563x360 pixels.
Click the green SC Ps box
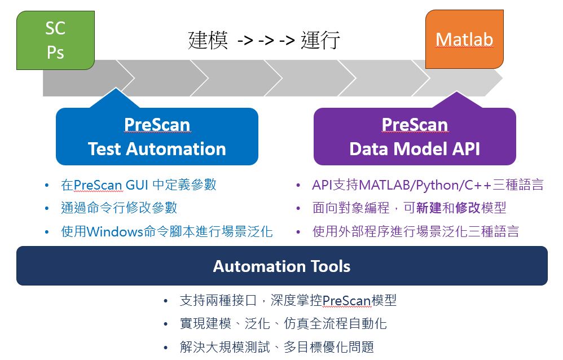[x=55, y=41]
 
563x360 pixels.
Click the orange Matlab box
[x=464, y=39]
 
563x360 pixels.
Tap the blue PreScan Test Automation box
[x=157, y=137]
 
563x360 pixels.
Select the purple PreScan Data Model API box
[x=415, y=137]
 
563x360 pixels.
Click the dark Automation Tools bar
[x=281, y=266]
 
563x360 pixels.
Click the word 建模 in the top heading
[x=208, y=41]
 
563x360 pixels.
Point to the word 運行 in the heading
[x=320, y=41]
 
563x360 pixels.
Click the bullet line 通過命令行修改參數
[x=119, y=208]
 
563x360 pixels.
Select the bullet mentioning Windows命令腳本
[x=166, y=231]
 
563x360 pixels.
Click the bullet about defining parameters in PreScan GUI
[x=138, y=185]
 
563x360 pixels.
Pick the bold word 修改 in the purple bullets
[x=467, y=208]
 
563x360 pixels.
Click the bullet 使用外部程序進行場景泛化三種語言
[x=415, y=231]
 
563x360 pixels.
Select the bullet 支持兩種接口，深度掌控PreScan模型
[x=288, y=301]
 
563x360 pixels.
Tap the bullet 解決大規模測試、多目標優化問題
[x=276, y=347]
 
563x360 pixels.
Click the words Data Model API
[x=415, y=149]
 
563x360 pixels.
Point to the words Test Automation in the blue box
[x=157, y=149]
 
